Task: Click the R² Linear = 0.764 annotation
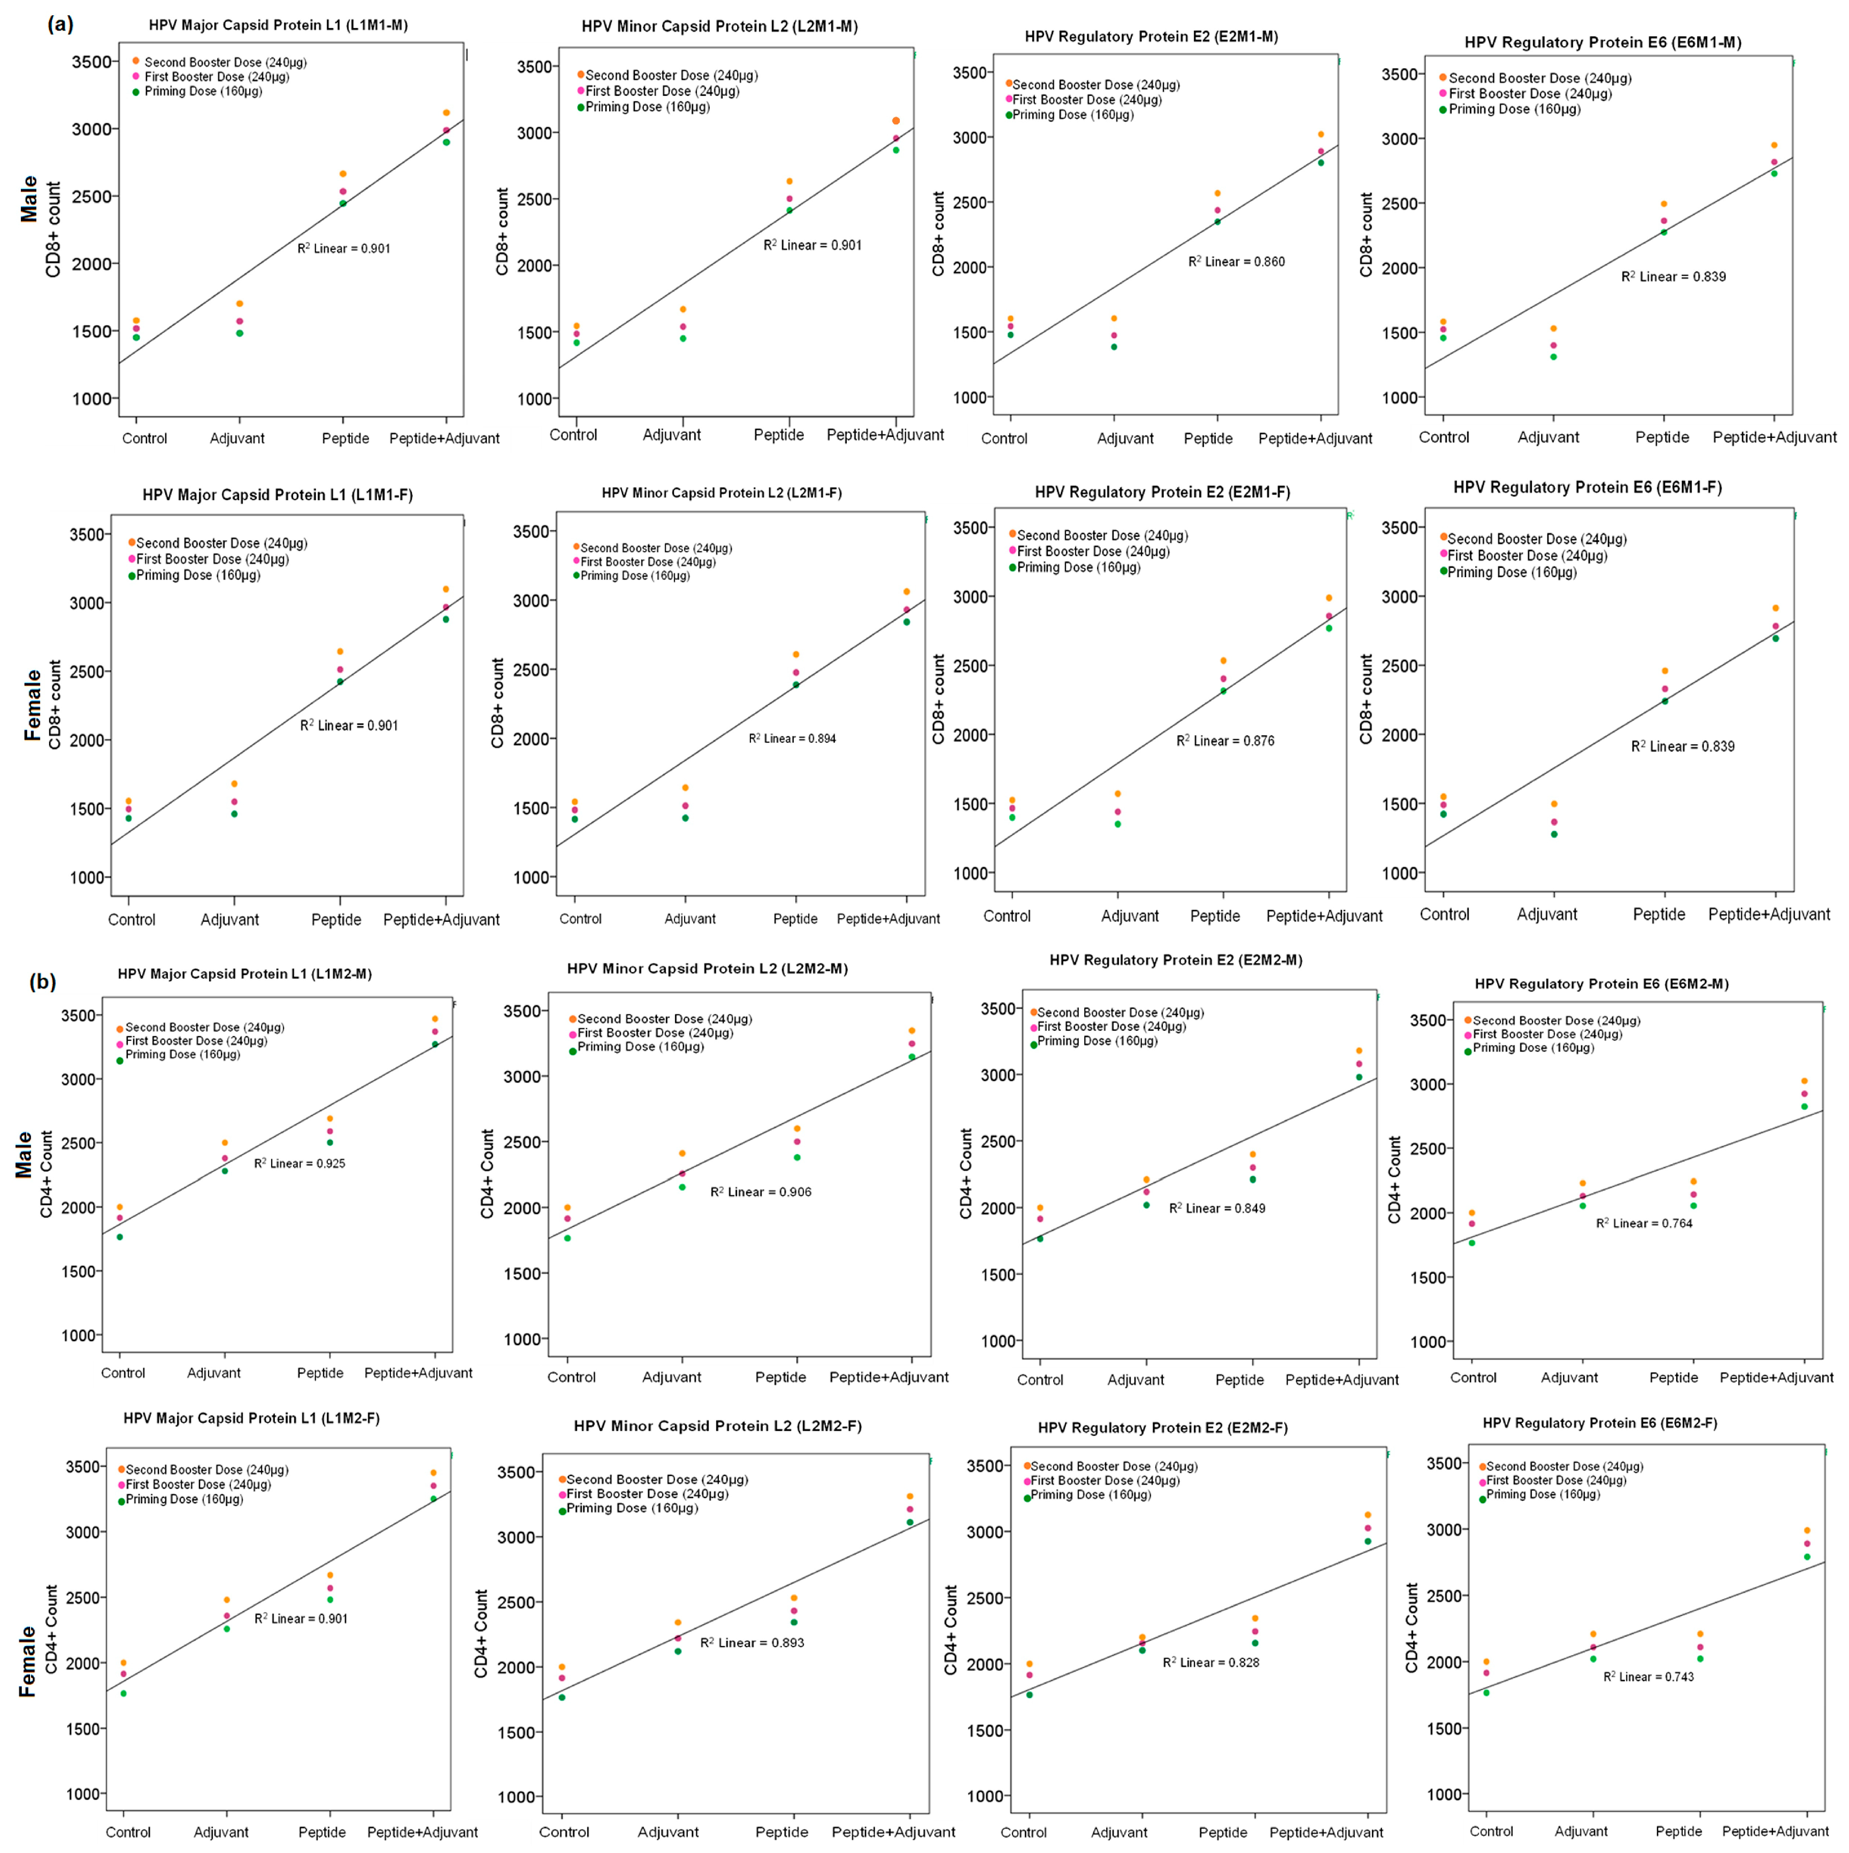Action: pyautogui.click(x=1644, y=1223)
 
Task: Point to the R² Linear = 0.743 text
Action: pyautogui.click(x=1649, y=1677)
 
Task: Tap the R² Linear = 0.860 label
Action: pyautogui.click(x=1236, y=261)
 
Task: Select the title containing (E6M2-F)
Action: pyautogui.click(x=1600, y=1422)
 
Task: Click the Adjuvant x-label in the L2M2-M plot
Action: pyautogui.click(x=671, y=1377)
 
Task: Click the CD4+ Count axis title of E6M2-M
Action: pyautogui.click(x=1394, y=1180)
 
